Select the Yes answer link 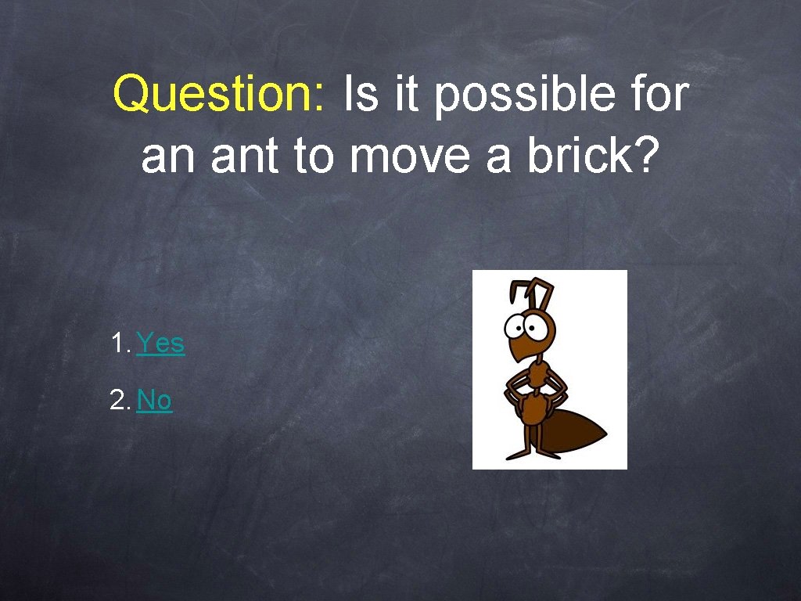160,343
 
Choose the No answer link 154,401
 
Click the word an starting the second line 166,157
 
